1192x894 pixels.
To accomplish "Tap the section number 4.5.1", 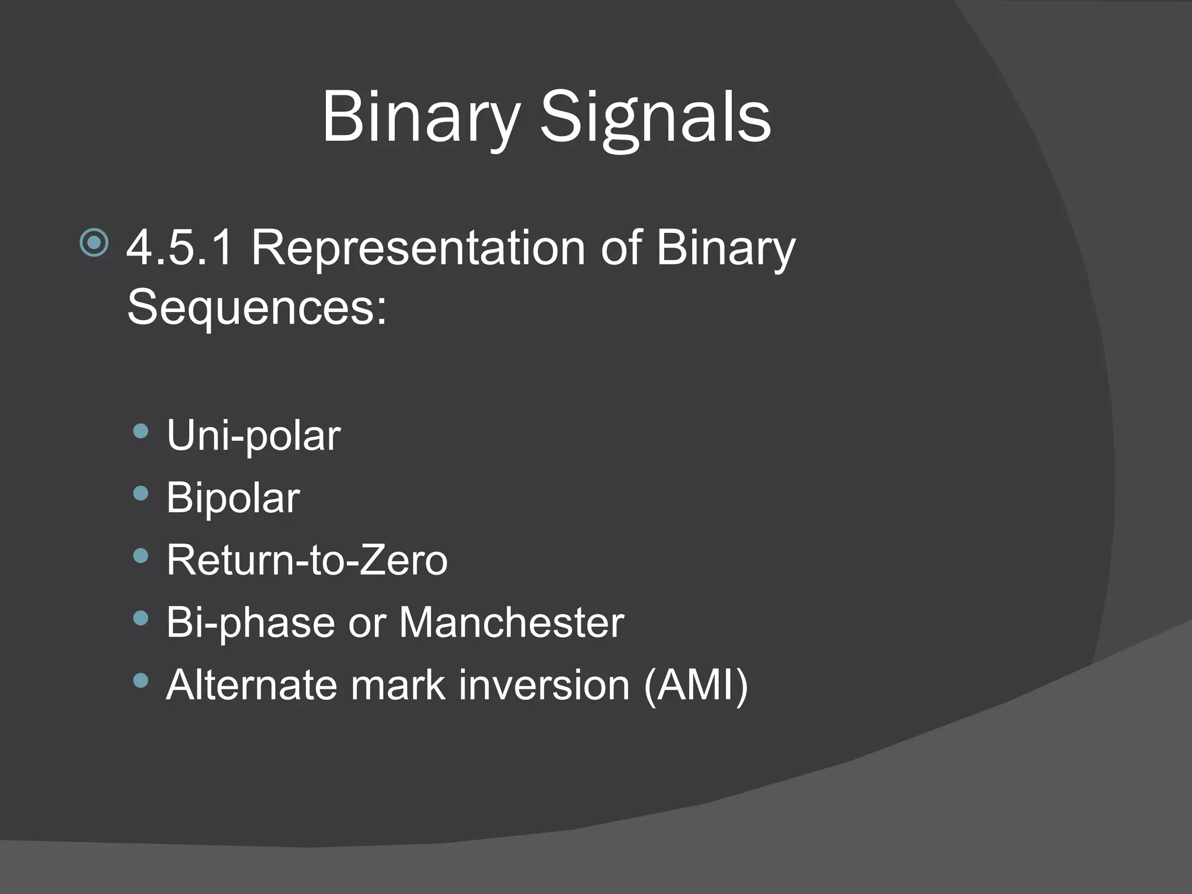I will pos(180,248).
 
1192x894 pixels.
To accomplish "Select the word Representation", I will pos(417,248).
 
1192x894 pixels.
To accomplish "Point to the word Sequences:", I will pos(257,307).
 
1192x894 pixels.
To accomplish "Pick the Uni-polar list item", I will pos(253,435).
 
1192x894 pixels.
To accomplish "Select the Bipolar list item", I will pos(233,498).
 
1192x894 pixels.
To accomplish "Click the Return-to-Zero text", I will pos(307,560).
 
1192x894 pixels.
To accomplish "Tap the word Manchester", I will pos(511,622).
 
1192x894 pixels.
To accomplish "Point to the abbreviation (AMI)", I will pos(696,684).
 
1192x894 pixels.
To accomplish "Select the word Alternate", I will pos(251,684).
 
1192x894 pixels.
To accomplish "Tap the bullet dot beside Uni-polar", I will pos(141,431).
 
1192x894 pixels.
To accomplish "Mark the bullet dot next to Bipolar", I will pos(141,494).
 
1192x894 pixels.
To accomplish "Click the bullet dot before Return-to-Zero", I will pos(141,556).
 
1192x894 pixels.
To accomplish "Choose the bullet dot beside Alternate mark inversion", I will pos(141,680).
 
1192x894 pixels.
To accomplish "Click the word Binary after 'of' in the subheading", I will pos(725,248).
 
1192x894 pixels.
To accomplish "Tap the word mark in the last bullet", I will pos(398,684).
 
